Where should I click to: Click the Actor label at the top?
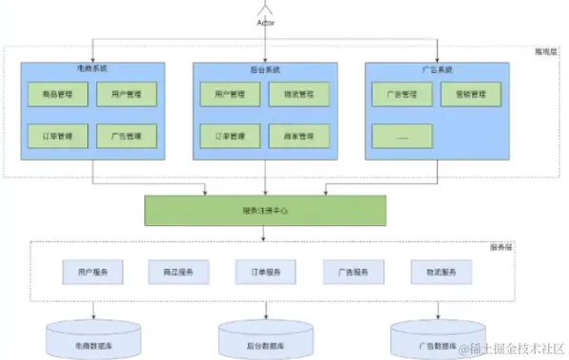click(x=265, y=22)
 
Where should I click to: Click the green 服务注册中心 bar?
click(x=265, y=210)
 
